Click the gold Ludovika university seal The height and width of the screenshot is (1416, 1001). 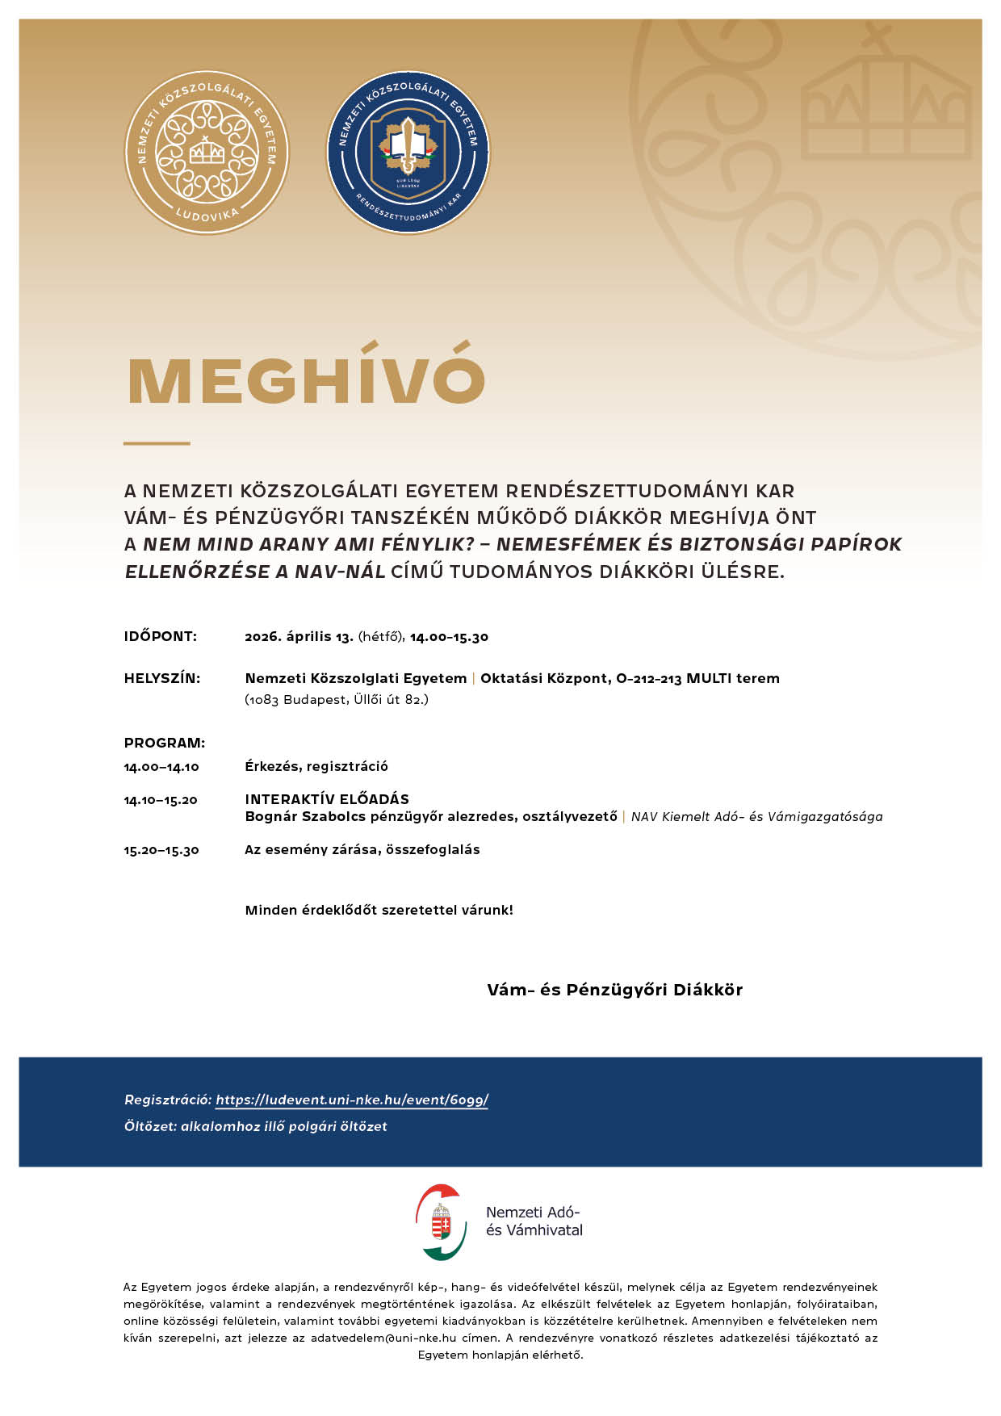207,153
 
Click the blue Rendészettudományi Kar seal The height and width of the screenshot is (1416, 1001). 408,153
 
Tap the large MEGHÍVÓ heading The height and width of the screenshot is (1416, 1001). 307,379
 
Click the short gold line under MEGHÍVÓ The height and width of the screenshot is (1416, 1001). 157,443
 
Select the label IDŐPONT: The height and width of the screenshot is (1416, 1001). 161,636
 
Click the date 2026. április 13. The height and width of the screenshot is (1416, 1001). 299,636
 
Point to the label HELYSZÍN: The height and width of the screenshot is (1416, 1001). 162,678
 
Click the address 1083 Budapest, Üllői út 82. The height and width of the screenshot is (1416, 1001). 337,699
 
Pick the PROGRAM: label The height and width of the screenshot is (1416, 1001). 165,743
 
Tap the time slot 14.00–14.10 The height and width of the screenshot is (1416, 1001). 161,767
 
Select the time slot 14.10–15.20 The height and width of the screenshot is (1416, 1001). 161,800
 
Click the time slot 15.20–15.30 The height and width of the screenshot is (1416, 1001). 161,850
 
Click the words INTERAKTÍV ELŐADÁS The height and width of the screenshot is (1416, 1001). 327,799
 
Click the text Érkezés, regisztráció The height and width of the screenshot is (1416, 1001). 316,766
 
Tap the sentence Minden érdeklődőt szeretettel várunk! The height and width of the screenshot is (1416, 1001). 379,910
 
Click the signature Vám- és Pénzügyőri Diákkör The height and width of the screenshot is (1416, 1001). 614,990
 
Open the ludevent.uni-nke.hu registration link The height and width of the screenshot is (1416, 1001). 352,1100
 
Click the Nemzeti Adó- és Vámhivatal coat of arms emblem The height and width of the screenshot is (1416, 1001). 442,1222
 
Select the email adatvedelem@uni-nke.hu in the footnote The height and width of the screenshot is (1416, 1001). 383,1338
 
